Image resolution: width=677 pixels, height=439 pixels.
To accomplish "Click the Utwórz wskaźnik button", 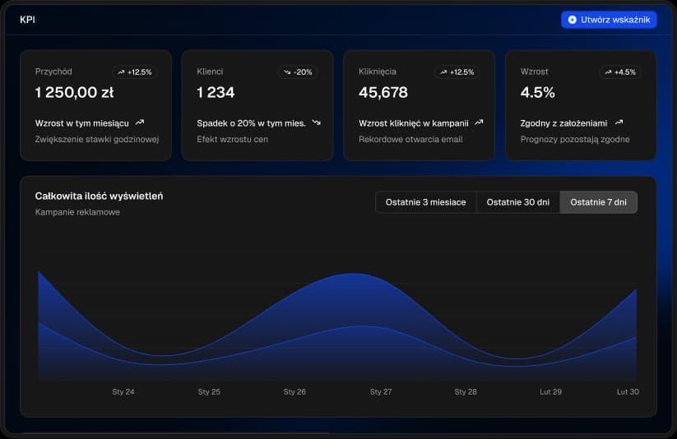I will click(609, 20).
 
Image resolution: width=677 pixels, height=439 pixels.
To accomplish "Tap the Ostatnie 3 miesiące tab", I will click(425, 202).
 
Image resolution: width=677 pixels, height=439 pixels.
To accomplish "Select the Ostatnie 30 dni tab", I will click(517, 202).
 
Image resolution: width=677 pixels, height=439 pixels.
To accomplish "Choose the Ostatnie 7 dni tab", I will click(598, 202).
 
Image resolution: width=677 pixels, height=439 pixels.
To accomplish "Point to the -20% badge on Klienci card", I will click(297, 72).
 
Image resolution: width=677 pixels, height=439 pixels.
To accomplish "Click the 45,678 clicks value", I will click(383, 93).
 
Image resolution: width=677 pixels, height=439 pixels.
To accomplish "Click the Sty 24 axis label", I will click(123, 392).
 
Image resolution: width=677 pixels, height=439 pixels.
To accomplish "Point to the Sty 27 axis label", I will click(381, 392).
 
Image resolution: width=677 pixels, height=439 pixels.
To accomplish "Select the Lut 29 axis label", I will click(550, 392).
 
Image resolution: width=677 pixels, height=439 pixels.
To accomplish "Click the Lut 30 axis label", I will click(628, 392).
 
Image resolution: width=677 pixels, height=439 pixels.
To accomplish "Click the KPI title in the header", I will click(27, 20).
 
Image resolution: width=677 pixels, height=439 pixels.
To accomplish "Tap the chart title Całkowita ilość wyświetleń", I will click(99, 196).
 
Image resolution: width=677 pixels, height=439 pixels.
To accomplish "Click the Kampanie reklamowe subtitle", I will click(77, 212).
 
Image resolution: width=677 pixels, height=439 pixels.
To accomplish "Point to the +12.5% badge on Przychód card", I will click(135, 72).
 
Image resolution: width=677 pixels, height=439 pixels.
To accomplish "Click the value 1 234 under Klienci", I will click(216, 93).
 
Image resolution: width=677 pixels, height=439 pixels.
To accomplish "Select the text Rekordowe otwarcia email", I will click(410, 140).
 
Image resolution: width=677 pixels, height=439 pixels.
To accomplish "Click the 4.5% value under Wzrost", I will click(538, 93).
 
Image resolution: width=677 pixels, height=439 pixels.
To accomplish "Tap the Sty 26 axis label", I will click(294, 392).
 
